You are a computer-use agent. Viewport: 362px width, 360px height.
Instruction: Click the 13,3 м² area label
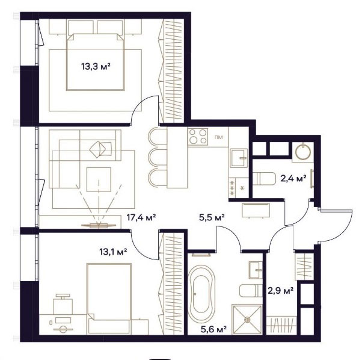pos(96,67)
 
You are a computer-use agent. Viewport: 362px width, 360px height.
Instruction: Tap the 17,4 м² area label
pos(141,217)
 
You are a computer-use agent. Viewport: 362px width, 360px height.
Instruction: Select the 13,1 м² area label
pos(113,252)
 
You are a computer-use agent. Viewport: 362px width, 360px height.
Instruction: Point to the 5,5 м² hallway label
pos(212,217)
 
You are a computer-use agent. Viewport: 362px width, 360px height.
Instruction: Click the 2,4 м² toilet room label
pos(293,178)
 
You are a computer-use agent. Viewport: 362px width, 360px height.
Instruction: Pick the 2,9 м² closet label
pos(280,290)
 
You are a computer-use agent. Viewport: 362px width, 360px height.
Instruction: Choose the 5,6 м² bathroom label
pos(213,329)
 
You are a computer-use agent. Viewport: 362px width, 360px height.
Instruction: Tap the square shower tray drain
pos(247,319)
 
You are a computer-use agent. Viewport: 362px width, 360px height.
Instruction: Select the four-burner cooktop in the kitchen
pos(198,137)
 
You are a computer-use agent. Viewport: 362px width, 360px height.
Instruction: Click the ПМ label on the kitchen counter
pos(218,137)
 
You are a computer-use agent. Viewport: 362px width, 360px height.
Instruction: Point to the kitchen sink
pos(239,158)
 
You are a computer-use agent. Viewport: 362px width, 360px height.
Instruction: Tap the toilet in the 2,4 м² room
pos(264,179)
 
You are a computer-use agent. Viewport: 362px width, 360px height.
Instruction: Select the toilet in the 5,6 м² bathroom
pos(251,291)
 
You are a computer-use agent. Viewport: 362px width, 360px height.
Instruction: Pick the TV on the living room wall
pos(99,225)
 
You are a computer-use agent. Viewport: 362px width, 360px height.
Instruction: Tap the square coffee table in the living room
pos(99,179)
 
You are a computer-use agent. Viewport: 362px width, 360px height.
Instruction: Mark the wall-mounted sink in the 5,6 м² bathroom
pos(256,270)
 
